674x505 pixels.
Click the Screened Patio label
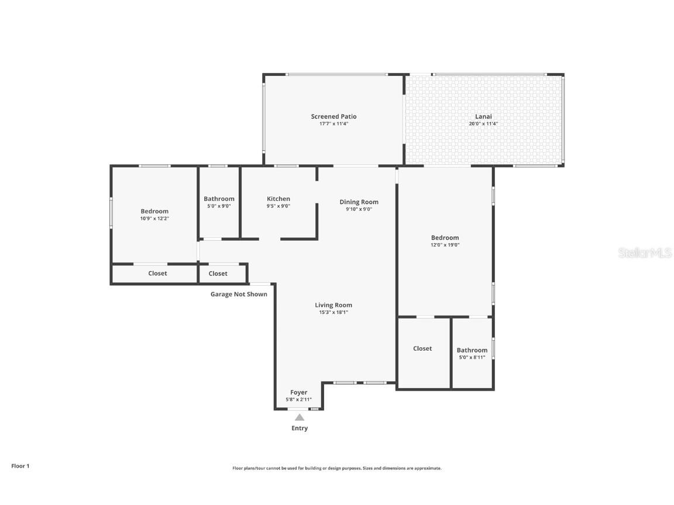click(333, 116)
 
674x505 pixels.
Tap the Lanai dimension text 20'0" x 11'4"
click(483, 124)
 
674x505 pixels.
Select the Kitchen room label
click(278, 199)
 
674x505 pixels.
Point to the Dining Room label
click(359, 202)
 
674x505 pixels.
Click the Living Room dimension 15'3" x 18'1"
click(333, 312)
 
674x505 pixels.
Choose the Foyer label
click(298, 392)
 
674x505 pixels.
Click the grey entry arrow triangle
click(300, 417)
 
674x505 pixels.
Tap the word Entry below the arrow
click(300, 428)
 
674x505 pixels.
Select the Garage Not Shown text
click(239, 294)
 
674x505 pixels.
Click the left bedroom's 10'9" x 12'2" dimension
click(154, 219)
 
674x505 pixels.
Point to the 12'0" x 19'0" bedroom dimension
click(445, 245)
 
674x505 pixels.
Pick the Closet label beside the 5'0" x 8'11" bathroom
click(422, 348)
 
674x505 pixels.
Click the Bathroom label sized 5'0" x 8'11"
click(472, 350)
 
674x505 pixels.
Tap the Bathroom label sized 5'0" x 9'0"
click(219, 199)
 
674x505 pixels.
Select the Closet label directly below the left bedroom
click(157, 273)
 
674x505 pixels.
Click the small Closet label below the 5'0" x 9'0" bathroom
click(218, 273)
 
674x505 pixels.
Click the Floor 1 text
click(20, 466)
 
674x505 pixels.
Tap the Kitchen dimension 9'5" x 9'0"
click(278, 206)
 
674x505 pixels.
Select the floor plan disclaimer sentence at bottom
click(337, 468)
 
